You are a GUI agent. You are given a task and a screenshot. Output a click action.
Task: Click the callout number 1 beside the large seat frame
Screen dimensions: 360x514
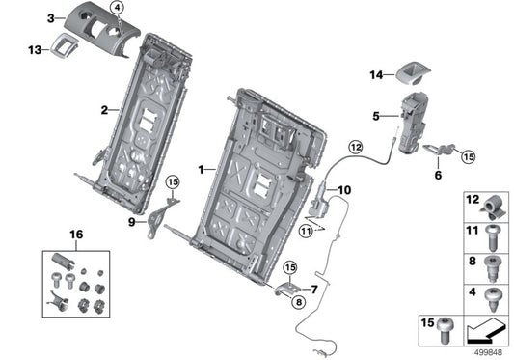pos(201,169)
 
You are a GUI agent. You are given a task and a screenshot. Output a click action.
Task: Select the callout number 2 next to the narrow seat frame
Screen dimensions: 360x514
pos(102,110)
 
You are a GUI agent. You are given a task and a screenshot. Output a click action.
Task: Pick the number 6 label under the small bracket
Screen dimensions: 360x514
pos(437,177)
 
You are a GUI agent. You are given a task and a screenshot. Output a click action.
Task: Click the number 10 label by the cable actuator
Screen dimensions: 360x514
pos(345,189)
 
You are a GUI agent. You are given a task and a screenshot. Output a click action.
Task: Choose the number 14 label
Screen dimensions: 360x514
pos(376,72)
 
